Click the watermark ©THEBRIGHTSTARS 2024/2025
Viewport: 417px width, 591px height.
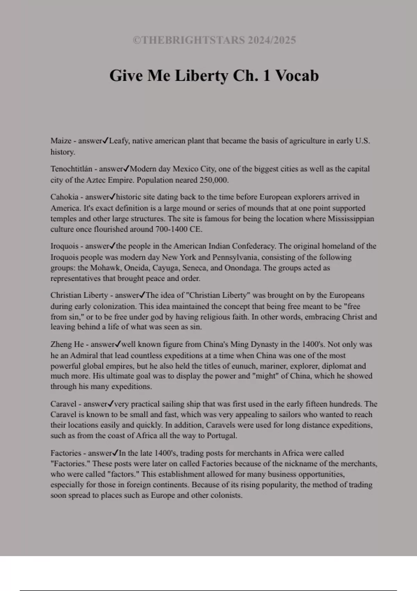(214, 40)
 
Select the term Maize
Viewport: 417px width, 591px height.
(61, 141)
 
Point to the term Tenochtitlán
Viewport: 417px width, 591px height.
(71, 169)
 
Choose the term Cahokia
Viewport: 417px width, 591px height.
(64, 197)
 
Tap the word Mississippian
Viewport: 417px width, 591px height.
(351, 219)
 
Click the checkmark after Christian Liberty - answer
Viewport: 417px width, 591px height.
(142, 295)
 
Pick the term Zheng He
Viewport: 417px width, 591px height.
(67, 344)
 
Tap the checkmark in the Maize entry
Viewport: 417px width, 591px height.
(105, 140)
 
